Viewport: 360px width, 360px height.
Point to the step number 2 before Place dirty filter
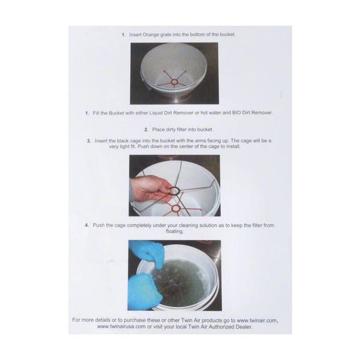pos(146,130)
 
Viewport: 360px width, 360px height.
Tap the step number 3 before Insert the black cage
pos(89,141)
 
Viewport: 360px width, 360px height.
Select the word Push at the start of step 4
pos(98,225)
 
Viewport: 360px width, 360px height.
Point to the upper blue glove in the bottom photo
pos(147,253)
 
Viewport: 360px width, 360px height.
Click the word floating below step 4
pos(175,232)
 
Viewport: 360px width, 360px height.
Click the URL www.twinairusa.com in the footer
pos(121,327)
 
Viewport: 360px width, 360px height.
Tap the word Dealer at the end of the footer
pos(244,327)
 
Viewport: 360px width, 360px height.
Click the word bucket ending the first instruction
pos(227,35)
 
